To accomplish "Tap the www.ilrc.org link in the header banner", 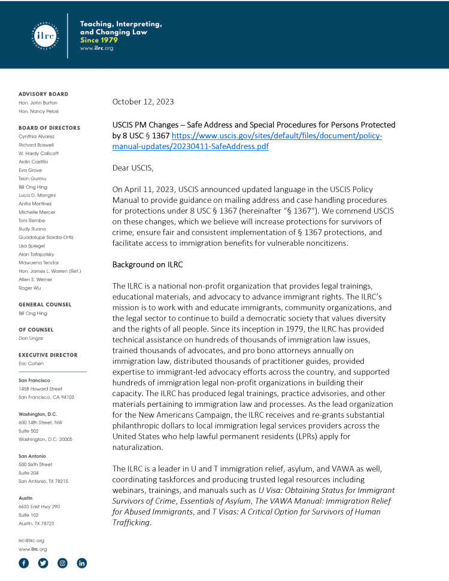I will point(96,48).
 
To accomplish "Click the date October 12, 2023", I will point(143,102).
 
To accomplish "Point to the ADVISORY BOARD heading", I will point(43,94).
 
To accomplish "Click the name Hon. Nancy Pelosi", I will point(38,111).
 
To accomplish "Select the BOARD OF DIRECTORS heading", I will point(49,128).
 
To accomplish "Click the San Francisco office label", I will point(34,381).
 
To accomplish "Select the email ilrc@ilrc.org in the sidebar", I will point(32,540).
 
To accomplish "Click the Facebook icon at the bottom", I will point(24,563).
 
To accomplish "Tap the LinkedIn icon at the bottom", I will point(81,563).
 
